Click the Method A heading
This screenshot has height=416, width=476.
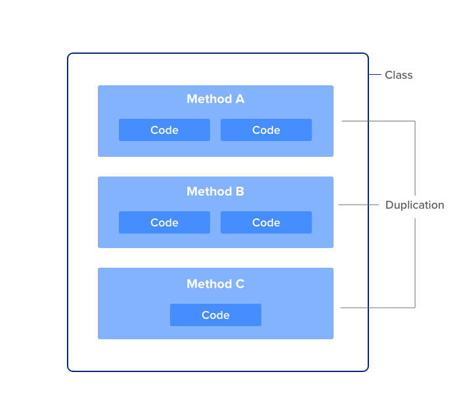point(215,99)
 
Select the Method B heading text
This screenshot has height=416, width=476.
point(215,192)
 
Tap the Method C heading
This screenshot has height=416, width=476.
point(215,284)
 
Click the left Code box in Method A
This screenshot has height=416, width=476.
point(164,130)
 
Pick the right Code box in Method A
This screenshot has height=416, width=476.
point(266,130)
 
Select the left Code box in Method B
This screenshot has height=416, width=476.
point(164,222)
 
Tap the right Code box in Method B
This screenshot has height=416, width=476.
point(266,222)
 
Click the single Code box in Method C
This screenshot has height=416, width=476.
point(215,315)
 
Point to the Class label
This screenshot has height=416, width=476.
point(399,75)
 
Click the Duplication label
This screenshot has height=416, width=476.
point(414,205)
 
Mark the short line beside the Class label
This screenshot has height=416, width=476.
point(375,75)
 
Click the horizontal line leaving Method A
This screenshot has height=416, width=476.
point(378,121)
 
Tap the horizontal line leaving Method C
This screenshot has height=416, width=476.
point(378,307)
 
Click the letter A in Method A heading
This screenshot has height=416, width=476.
point(240,99)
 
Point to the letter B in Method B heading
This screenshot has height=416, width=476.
point(240,192)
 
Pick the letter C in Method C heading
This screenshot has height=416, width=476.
point(240,284)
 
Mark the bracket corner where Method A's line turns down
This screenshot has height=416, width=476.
point(415,121)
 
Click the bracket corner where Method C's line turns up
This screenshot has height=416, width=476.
point(415,307)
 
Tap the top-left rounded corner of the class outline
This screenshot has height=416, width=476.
point(70,56)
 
